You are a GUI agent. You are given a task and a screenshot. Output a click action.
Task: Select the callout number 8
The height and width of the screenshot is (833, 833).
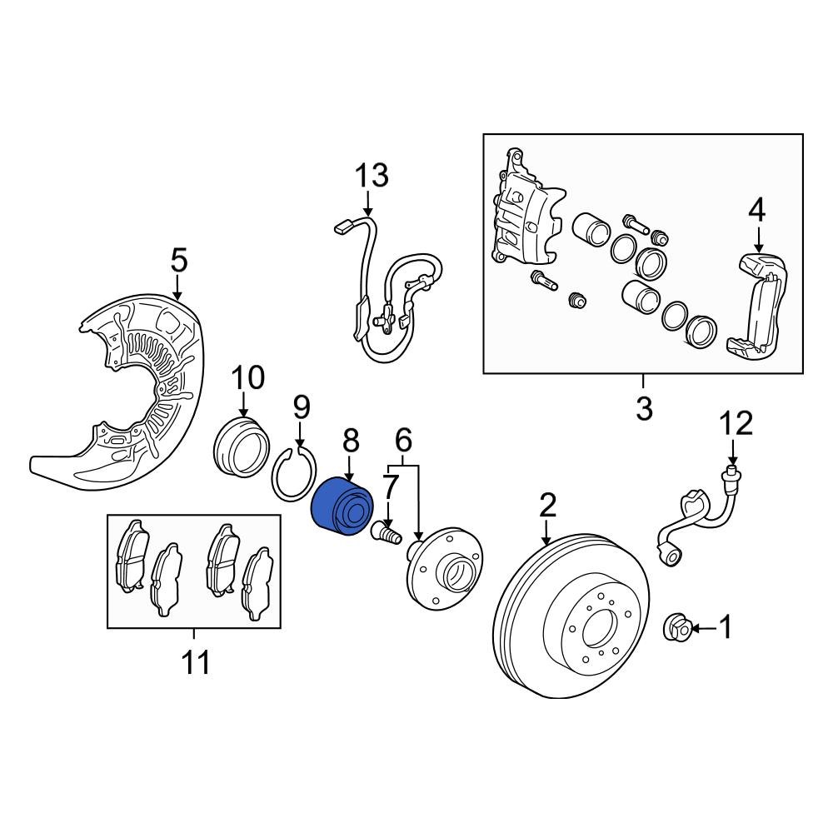(x=350, y=439)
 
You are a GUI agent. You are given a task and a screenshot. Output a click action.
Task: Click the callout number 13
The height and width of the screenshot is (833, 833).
(x=372, y=176)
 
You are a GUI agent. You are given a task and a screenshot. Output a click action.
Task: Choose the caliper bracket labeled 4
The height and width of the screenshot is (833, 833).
(x=760, y=308)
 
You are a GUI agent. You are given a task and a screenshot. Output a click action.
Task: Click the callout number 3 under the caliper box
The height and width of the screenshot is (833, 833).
(x=643, y=409)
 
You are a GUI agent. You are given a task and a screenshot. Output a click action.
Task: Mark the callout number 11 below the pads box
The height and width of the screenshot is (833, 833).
(x=196, y=663)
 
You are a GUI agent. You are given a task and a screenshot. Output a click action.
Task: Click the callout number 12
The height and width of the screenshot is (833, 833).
(x=736, y=424)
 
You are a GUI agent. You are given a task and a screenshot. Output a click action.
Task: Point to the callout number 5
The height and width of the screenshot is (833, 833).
(x=178, y=261)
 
